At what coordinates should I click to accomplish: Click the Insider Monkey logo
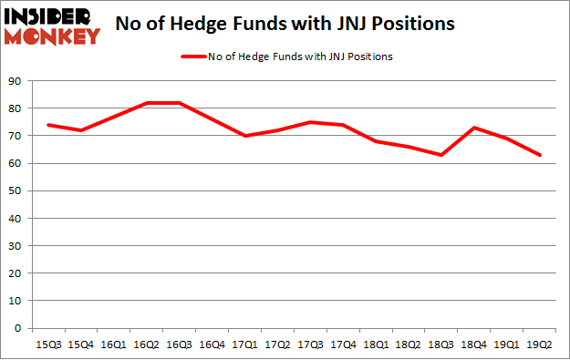[x=53, y=25]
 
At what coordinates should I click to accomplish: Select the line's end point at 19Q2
[x=540, y=155]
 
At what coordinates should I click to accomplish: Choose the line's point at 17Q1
[x=244, y=136]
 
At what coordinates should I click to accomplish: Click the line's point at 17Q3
[x=310, y=122]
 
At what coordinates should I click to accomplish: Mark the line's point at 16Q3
[x=179, y=103]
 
